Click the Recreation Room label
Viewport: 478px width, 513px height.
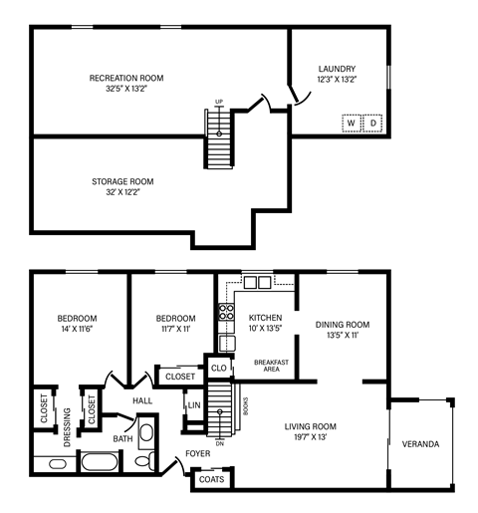coord(126,78)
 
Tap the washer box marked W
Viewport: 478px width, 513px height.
coord(352,124)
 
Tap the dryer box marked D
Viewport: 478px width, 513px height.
coord(373,124)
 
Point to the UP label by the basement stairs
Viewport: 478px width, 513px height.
coord(220,101)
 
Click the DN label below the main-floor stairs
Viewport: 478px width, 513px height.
coord(220,443)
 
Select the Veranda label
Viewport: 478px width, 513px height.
coord(420,443)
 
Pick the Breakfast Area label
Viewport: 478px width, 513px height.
coord(271,366)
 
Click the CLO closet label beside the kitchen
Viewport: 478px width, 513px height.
coord(218,367)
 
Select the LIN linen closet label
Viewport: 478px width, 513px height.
coord(194,406)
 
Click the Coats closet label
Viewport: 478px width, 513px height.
coord(211,479)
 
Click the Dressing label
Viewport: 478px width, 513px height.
coord(67,429)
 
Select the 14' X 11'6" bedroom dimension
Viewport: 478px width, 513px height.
coord(77,329)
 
